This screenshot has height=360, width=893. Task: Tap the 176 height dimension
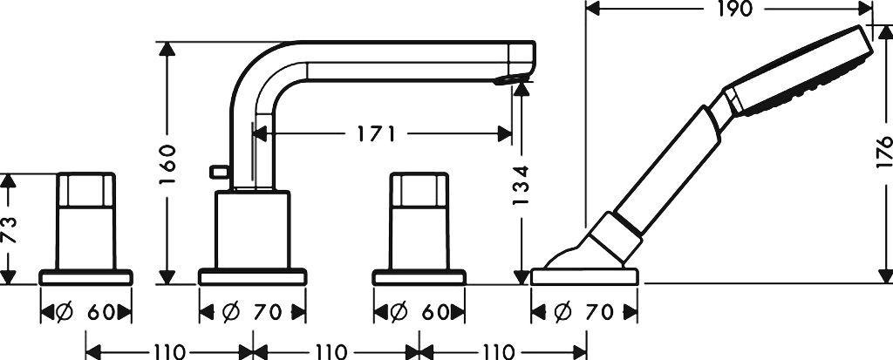[884, 151]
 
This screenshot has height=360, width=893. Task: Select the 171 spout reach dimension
[376, 134]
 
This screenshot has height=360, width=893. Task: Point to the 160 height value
[167, 164]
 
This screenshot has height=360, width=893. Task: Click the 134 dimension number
[521, 185]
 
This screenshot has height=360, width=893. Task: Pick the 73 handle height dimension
[9, 229]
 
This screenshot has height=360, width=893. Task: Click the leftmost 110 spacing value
[169, 352]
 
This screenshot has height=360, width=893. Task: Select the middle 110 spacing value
[331, 352]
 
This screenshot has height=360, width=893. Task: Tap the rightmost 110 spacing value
[498, 352]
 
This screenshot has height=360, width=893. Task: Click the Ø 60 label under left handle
[86, 311]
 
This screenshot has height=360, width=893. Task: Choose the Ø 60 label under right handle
[419, 311]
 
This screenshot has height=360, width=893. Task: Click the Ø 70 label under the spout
[253, 311]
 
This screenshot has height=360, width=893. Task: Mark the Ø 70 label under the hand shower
[584, 311]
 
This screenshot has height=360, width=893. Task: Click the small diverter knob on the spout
[219, 171]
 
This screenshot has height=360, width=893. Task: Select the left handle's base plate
[86, 277]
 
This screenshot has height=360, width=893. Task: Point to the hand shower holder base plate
[584, 277]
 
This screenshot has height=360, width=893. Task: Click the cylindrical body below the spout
[253, 230]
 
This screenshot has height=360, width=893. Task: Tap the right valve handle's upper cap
[419, 190]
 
